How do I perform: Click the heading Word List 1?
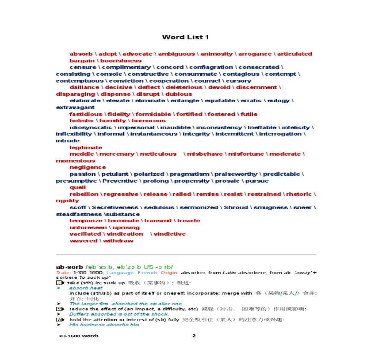click(186, 37)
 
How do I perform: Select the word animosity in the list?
click(216, 54)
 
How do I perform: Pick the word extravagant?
click(75, 107)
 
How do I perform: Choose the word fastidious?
click(86, 114)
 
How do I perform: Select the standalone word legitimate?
click(86, 148)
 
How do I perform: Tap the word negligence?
click(88, 167)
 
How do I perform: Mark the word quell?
click(78, 187)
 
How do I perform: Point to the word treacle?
click(189, 221)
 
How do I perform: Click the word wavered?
click(83, 241)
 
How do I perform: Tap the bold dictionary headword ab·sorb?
click(69, 267)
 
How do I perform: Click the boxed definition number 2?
click(59, 309)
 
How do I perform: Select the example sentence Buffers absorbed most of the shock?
click(119, 314)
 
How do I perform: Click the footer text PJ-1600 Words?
click(79, 336)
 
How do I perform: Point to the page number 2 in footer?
click(194, 336)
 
